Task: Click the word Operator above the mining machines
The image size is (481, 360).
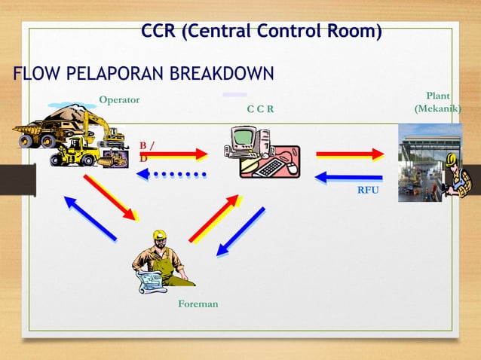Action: pos(119,100)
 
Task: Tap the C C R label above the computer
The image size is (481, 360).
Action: pos(260,110)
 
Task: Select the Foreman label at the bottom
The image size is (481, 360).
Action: pos(198,304)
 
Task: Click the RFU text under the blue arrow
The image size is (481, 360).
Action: pos(368,191)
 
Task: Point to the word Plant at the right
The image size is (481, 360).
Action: pos(438,96)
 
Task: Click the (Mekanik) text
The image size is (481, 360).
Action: pos(437,109)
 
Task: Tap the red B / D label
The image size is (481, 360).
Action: pos(147,151)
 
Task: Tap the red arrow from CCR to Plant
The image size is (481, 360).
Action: pos(350,154)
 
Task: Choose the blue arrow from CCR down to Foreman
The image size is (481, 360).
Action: pos(240,232)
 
